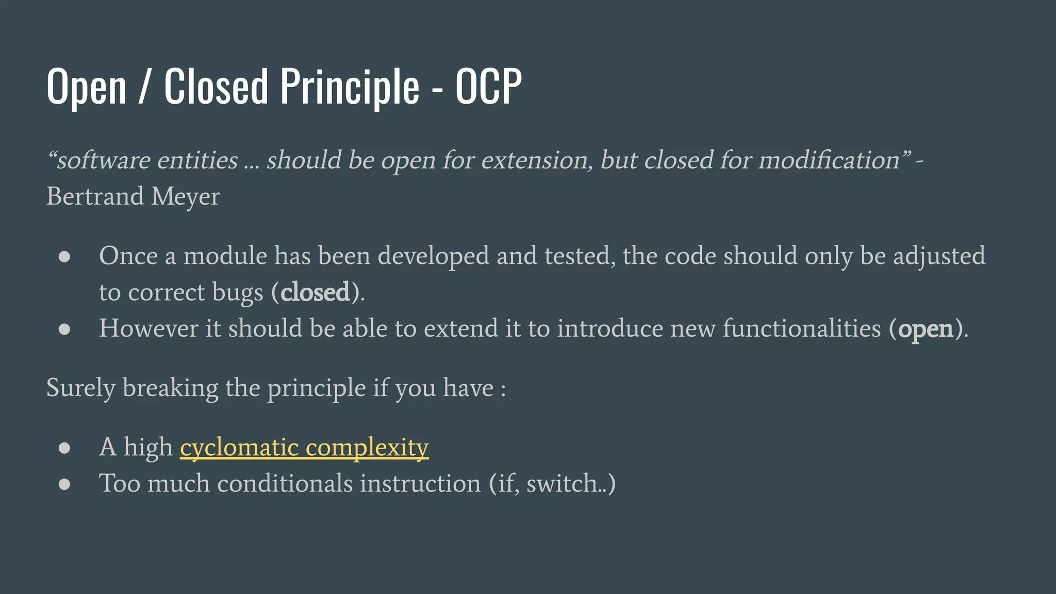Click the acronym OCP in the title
(x=488, y=86)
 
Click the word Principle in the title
(x=350, y=86)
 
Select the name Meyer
(x=186, y=197)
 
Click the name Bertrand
(x=95, y=196)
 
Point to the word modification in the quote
(x=829, y=160)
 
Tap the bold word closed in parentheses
(x=315, y=292)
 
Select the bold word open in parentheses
(x=926, y=329)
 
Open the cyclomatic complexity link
(x=304, y=448)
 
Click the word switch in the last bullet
(x=562, y=484)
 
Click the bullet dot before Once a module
(x=64, y=257)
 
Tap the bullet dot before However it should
(x=64, y=329)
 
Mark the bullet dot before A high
(x=64, y=448)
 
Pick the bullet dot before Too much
(x=64, y=484)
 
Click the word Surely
(x=80, y=388)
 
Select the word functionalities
(x=802, y=329)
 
